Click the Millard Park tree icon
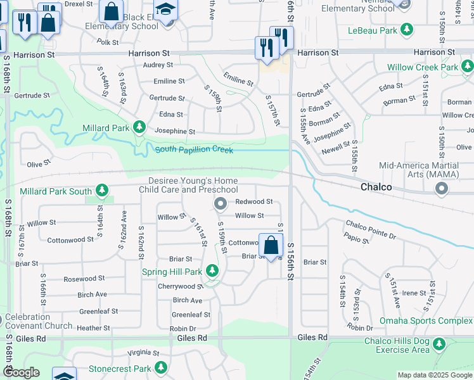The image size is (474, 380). click(x=139, y=127)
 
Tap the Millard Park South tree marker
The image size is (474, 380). click(x=102, y=191)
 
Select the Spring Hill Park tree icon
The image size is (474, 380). click(x=212, y=271)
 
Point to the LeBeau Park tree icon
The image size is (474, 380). click(x=407, y=30)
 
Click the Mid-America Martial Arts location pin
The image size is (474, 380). click(x=442, y=188)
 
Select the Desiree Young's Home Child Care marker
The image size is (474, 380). click(x=221, y=203)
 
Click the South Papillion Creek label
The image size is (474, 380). click(x=194, y=149)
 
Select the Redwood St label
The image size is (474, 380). click(x=253, y=202)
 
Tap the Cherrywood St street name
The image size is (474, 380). click(x=181, y=286)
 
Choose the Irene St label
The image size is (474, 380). click(x=414, y=293)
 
